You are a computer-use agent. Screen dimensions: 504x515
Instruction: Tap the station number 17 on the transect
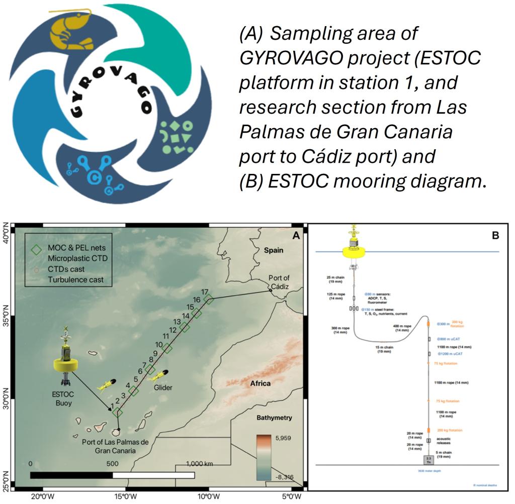coord(204,291)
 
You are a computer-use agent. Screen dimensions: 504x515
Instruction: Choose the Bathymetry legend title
coord(274,418)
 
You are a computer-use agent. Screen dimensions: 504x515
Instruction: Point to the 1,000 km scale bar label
coord(201,463)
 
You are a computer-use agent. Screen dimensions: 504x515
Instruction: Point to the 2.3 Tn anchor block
coord(428,459)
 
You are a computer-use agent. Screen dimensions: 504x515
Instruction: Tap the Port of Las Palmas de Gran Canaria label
coord(116,446)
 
